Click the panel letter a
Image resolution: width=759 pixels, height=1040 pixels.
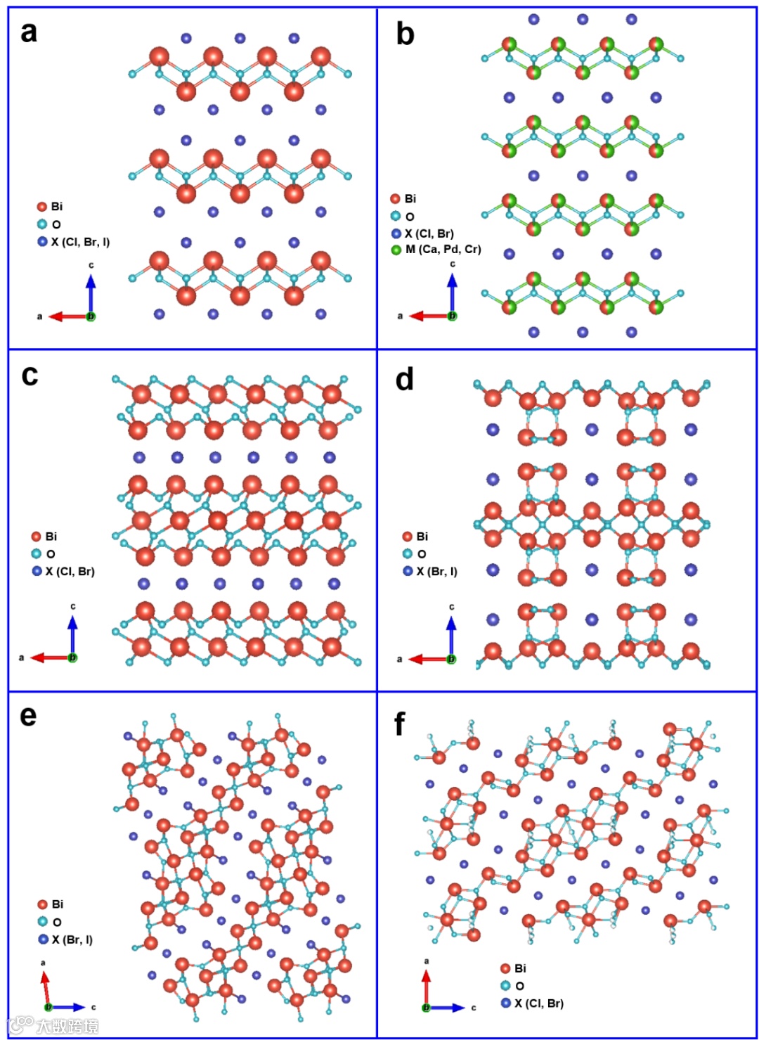coord(29,32)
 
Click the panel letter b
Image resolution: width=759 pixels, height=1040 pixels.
coord(405,34)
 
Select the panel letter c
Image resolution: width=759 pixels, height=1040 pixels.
coord(30,375)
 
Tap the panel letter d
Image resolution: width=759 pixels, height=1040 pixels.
coord(404,379)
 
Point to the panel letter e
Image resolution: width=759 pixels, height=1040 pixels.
coord(28,715)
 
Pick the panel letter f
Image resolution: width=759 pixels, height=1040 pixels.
coord(400,723)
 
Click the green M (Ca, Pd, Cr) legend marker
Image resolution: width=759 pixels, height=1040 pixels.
coord(396,250)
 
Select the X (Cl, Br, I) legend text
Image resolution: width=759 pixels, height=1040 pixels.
coord(80,242)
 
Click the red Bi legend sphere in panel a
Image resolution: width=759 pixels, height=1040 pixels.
coord(42,207)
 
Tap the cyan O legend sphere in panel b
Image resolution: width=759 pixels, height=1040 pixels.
coord(396,217)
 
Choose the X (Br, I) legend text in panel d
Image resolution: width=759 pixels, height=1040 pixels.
coord(436,571)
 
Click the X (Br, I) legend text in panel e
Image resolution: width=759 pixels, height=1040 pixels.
coord(72,939)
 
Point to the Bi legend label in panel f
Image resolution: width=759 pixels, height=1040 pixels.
coord(520,968)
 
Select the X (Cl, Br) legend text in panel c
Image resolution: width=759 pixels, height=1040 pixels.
coord(70,571)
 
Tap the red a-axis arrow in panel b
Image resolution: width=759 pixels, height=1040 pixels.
coord(427,316)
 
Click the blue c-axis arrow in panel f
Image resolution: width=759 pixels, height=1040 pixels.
coord(447,1008)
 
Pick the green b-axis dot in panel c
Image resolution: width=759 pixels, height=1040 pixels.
coord(72,657)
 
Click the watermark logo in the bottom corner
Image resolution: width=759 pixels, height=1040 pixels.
coord(53,1026)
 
